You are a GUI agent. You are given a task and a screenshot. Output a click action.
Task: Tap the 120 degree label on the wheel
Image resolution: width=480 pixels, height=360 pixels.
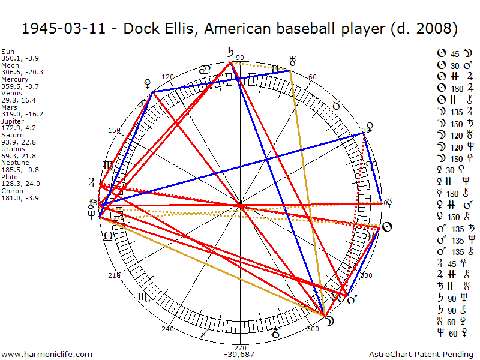167,77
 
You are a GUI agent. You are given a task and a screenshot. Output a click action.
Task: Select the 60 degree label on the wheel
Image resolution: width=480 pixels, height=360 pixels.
312,77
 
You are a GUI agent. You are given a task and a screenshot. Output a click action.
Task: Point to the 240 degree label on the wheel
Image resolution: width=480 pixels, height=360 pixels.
167,329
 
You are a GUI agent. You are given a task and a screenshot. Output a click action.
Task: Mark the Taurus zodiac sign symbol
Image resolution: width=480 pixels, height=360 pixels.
337,106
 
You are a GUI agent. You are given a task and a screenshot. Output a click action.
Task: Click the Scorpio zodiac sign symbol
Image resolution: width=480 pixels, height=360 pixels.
144,296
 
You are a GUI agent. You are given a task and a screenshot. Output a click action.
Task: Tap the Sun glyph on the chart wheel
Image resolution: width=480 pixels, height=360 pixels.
387,227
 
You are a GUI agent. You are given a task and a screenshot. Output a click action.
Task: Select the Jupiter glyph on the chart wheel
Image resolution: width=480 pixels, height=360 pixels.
91,182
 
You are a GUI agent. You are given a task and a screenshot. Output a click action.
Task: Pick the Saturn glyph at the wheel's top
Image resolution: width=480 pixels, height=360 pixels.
230,53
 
